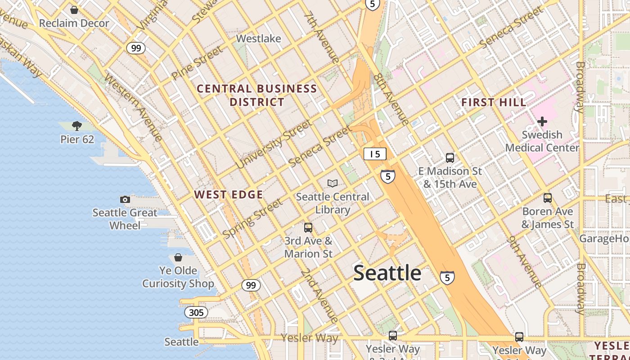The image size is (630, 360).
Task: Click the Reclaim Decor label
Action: pyautogui.click(x=74, y=23)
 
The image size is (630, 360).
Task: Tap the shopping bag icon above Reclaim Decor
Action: pyautogui.click(x=74, y=9)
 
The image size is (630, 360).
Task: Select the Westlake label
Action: pyautogui.click(x=258, y=39)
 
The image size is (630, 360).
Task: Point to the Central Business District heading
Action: pyautogui.click(x=257, y=95)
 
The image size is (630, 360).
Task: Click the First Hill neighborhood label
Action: pyautogui.click(x=494, y=103)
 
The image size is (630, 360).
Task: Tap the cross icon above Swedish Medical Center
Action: pyautogui.click(x=542, y=121)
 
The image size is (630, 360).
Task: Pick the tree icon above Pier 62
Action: pyautogui.click(x=77, y=126)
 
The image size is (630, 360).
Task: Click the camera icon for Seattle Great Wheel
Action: pyautogui.click(x=125, y=199)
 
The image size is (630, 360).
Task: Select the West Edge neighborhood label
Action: pyautogui.click(x=229, y=194)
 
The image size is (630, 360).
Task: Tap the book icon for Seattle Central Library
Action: pyautogui.click(x=333, y=183)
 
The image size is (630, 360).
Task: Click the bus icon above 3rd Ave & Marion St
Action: pyautogui.click(x=308, y=228)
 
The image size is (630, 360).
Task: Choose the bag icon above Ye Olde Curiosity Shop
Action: pyautogui.click(x=178, y=257)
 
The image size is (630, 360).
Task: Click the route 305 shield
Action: pyautogui.click(x=196, y=312)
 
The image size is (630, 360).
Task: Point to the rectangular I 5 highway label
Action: pyautogui.click(x=375, y=154)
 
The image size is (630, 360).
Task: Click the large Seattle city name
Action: pyautogui.click(x=387, y=273)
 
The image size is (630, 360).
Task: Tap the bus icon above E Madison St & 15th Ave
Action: pyautogui.click(x=450, y=158)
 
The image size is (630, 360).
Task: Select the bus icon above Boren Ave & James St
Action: pyautogui.click(x=548, y=198)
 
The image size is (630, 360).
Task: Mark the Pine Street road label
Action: pyautogui.click(x=197, y=63)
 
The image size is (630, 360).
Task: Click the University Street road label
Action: pyautogui.click(x=274, y=144)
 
